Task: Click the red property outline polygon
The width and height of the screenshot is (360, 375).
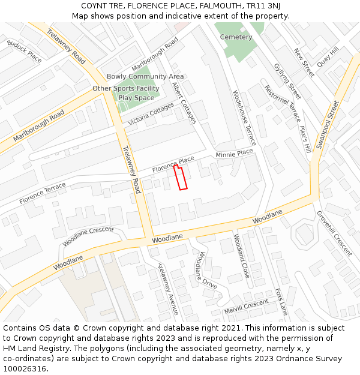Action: [x=181, y=178]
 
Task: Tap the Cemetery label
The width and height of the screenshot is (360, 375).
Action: [x=236, y=37]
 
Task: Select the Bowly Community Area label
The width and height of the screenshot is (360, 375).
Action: [x=145, y=77]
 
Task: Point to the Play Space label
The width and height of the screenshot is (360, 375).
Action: [x=136, y=98]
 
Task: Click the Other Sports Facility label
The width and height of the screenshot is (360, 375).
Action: [x=126, y=89]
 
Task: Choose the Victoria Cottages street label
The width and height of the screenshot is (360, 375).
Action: [x=151, y=114]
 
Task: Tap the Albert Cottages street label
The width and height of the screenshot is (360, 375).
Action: [x=184, y=103]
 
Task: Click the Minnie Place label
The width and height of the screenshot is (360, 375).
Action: [x=234, y=154]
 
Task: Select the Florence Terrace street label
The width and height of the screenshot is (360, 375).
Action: [x=43, y=193]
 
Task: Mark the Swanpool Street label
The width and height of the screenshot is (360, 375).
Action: [x=328, y=125]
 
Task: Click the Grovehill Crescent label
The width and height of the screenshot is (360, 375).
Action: [x=334, y=234]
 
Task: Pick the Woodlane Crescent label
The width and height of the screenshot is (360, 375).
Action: [x=88, y=236]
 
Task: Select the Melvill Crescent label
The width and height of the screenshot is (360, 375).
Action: [x=246, y=308]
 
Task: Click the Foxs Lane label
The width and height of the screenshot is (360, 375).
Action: [x=281, y=302]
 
